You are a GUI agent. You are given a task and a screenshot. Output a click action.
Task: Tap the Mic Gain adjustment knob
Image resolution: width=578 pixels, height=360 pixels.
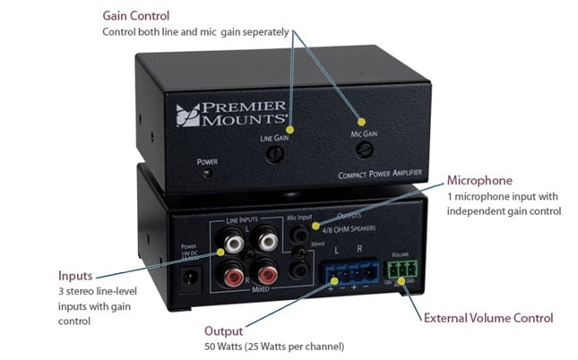[x=361, y=149]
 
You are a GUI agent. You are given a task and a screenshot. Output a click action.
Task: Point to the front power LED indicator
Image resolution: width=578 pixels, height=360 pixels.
[x=208, y=172]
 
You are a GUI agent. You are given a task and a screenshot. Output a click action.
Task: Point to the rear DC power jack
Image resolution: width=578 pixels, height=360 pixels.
[x=190, y=278]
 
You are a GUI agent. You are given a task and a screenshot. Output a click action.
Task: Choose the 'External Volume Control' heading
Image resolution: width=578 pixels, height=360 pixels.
[x=487, y=318]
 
